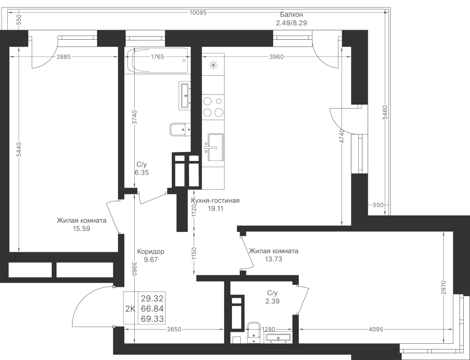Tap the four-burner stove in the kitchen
pos(213,107)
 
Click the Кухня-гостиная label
pos(215,201)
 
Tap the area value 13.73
pos(273,259)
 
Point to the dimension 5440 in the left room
pos(18,149)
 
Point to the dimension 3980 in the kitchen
pos(276,57)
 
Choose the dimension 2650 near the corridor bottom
pos(174,329)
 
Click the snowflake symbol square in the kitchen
pos(213,65)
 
